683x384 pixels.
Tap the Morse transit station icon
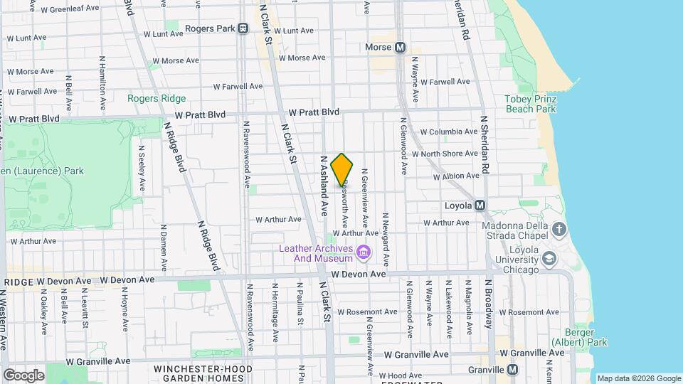pos(400,48)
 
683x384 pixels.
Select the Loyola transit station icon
pos(480,206)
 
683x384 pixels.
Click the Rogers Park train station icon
pos(243,29)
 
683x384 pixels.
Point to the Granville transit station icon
pos(514,370)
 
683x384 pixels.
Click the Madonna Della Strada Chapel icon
pos(559,229)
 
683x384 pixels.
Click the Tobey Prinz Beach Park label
pos(530,104)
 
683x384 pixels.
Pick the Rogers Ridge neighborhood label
pos(157,99)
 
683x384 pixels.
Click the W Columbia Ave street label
pos(448,132)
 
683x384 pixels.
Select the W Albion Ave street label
pos(455,176)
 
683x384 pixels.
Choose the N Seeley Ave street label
pos(142,169)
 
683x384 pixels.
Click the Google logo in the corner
pos(23,375)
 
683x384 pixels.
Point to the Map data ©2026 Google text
pos(638,378)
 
